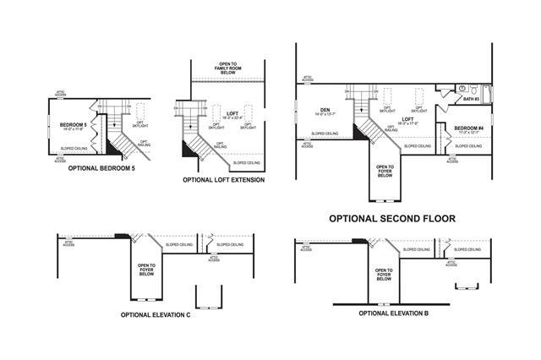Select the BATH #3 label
(x=471, y=100)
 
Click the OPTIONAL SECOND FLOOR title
(x=391, y=218)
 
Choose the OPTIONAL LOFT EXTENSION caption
(x=223, y=180)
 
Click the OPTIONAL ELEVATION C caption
(x=155, y=314)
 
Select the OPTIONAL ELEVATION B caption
(x=395, y=313)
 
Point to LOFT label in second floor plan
(x=407, y=120)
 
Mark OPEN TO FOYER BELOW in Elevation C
(x=146, y=270)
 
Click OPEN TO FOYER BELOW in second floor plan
(x=385, y=171)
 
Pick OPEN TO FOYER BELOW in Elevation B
(x=385, y=274)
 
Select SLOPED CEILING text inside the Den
(x=324, y=134)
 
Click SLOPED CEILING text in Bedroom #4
(x=468, y=145)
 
